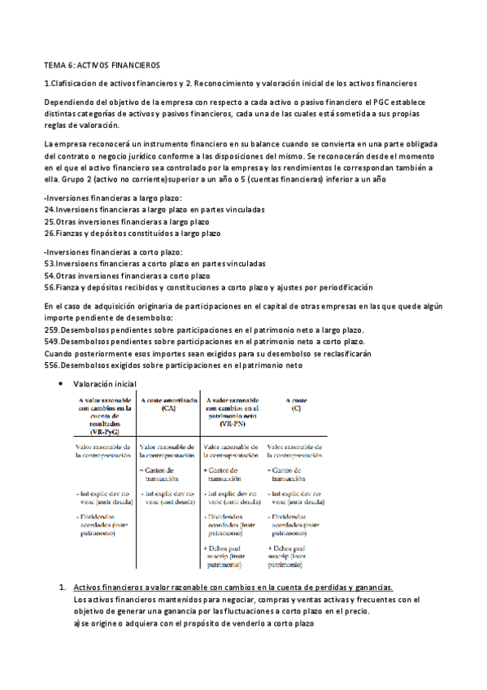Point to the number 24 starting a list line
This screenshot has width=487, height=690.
pos(48,209)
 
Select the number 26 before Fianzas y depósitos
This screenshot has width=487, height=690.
pos(48,233)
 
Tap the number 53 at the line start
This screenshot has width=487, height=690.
pos(48,264)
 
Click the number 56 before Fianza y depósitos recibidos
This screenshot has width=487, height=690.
pos(48,286)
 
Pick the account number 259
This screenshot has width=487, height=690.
pos(50,330)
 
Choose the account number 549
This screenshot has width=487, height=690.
pos(50,342)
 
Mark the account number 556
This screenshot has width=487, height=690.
pos(50,365)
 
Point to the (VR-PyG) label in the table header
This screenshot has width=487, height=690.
pos(100,430)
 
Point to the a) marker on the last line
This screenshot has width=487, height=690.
pos(77,622)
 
